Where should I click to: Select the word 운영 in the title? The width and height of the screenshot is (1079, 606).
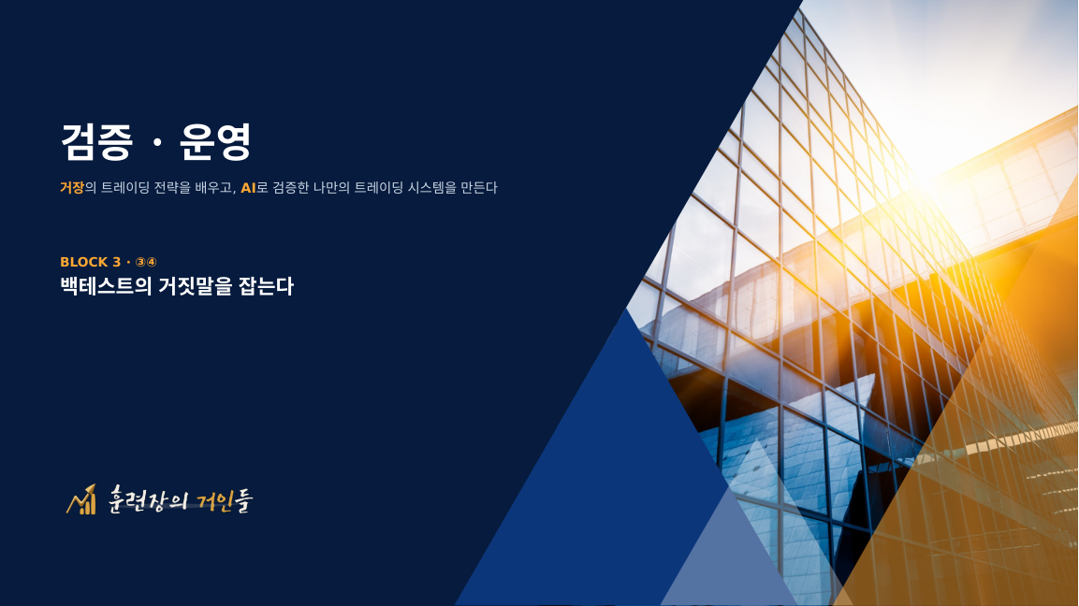pos(215,142)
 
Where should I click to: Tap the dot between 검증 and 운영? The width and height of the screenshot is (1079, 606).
pos(157,142)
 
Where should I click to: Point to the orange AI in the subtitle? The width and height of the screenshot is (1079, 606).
pos(248,188)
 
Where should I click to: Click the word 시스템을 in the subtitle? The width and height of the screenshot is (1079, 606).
pos(431,187)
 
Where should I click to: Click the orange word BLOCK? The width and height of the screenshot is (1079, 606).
pos(84,262)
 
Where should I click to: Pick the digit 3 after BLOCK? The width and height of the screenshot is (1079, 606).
pos(116,262)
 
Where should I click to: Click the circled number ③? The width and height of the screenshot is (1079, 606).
pos(140,262)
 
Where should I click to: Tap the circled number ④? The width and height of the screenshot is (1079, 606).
pos(152,262)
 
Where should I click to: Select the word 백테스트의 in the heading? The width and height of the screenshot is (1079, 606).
pos(106,286)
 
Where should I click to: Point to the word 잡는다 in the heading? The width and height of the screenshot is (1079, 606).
pos(266,286)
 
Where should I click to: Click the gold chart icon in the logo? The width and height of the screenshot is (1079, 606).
pos(81,500)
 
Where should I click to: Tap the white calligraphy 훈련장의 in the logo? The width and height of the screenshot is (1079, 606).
pos(148,500)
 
